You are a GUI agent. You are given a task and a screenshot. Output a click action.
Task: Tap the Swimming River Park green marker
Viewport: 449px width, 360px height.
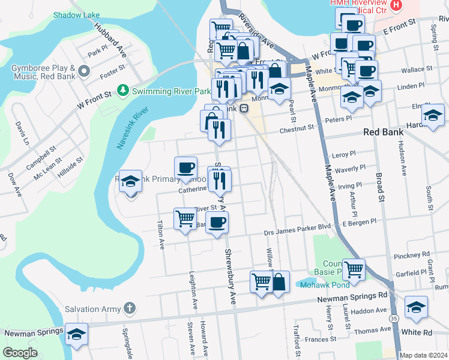[x=123, y=91]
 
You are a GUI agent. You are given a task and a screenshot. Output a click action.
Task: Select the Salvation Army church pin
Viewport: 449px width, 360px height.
[x=129, y=308]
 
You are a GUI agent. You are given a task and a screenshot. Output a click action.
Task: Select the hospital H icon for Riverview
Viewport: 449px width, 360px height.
[x=396, y=6]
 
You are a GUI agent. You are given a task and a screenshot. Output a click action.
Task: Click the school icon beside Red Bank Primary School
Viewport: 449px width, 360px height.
[x=130, y=182]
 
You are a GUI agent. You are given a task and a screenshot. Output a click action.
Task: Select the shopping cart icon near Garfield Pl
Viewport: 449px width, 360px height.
[x=354, y=269]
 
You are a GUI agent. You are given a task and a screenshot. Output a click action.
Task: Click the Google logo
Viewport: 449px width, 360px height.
[x=20, y=353]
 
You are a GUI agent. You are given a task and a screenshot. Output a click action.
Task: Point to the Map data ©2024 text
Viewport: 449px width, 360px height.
[x=424, y=355]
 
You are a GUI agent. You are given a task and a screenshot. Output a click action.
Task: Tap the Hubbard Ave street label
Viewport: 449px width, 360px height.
[x=109, y=40]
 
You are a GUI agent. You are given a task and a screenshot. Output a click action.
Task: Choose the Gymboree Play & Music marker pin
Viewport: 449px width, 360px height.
[x=84, y=72]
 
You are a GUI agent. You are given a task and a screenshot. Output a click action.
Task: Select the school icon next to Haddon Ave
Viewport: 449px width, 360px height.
[x=416, y=308]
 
